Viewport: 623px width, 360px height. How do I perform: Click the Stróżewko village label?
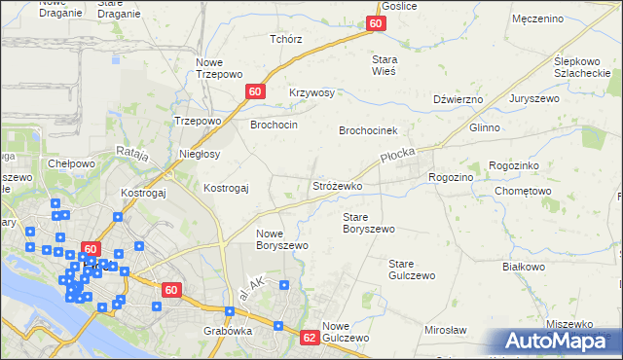coord(337,185)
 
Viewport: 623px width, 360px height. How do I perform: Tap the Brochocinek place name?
coord(376,129)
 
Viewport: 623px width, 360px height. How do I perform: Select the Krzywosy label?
coord(311,93)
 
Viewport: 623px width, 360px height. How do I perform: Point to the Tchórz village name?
coord(286,40)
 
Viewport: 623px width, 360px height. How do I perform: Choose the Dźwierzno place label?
coord(458,99)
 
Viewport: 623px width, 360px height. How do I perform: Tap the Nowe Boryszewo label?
coord(282,239)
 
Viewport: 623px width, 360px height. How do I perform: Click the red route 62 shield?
coord(310,338)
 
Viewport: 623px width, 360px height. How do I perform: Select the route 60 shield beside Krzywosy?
coord(255,91)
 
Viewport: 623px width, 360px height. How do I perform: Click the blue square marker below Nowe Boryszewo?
coord(284,285)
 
